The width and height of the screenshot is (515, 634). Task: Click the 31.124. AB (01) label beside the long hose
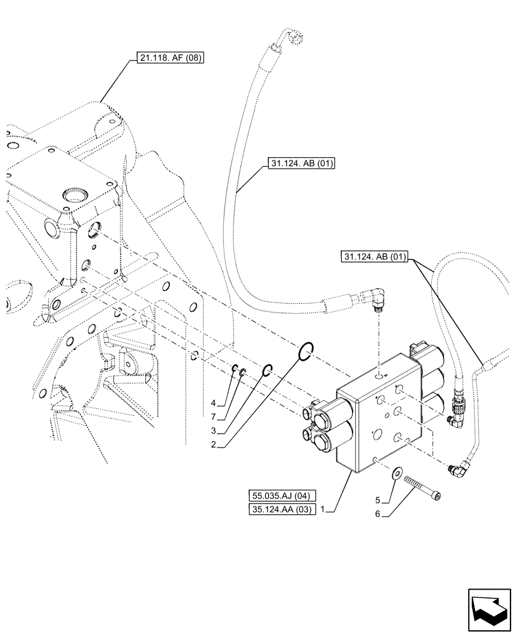(x=298, y=165)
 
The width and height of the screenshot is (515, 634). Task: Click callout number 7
(x=214, y=417)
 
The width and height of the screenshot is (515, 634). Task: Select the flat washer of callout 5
(x=398, y=474)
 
